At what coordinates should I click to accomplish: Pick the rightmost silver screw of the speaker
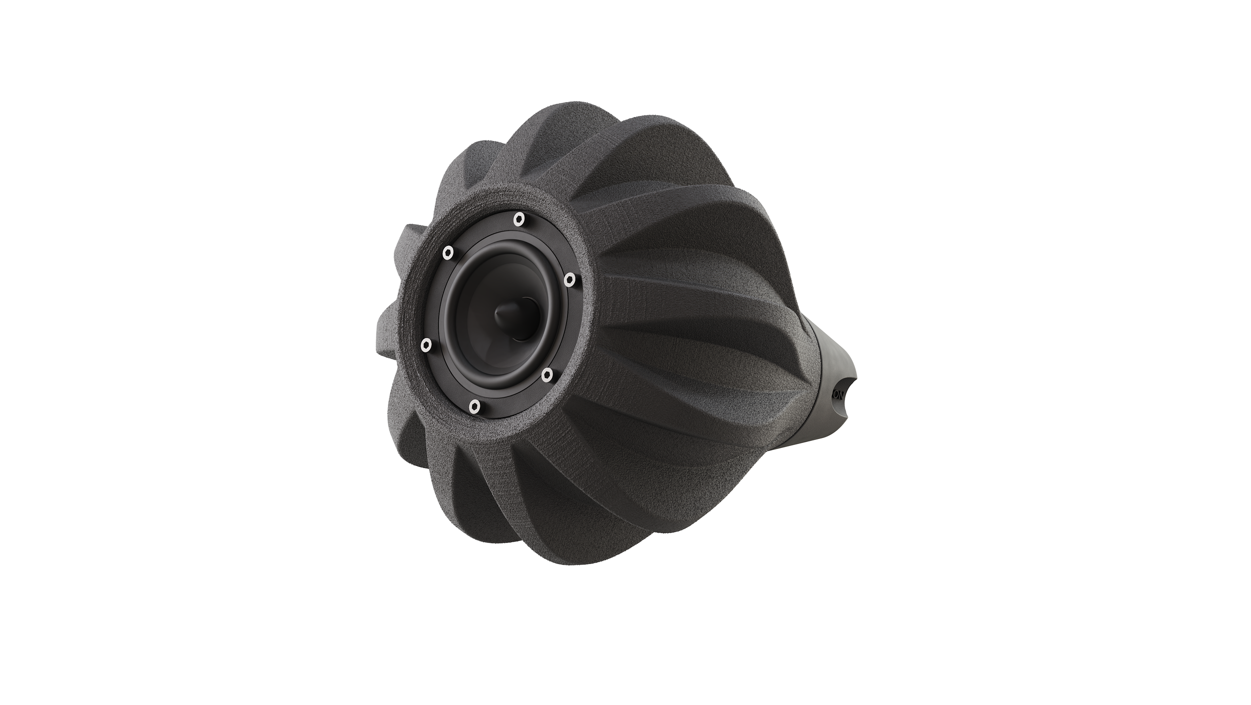[569, 279]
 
